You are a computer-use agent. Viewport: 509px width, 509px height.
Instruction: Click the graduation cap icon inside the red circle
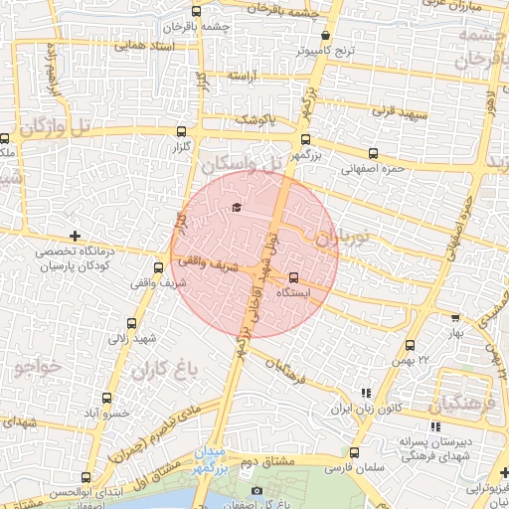click(237, 207)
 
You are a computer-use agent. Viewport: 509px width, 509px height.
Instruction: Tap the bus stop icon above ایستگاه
click(293, 277)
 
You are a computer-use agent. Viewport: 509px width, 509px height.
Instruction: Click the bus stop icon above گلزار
click(180, 130)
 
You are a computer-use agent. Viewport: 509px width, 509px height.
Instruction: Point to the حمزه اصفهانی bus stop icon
click(373, 153)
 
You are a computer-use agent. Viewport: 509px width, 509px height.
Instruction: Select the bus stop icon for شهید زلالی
click(132, 323)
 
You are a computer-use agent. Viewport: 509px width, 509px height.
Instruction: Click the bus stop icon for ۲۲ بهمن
click(411, 345)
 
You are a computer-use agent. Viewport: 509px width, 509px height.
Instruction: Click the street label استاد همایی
click(145, 46)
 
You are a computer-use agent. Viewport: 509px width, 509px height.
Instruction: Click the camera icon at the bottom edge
click(257, 491)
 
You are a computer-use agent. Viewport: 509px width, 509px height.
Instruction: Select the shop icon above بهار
click(455, 319)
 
